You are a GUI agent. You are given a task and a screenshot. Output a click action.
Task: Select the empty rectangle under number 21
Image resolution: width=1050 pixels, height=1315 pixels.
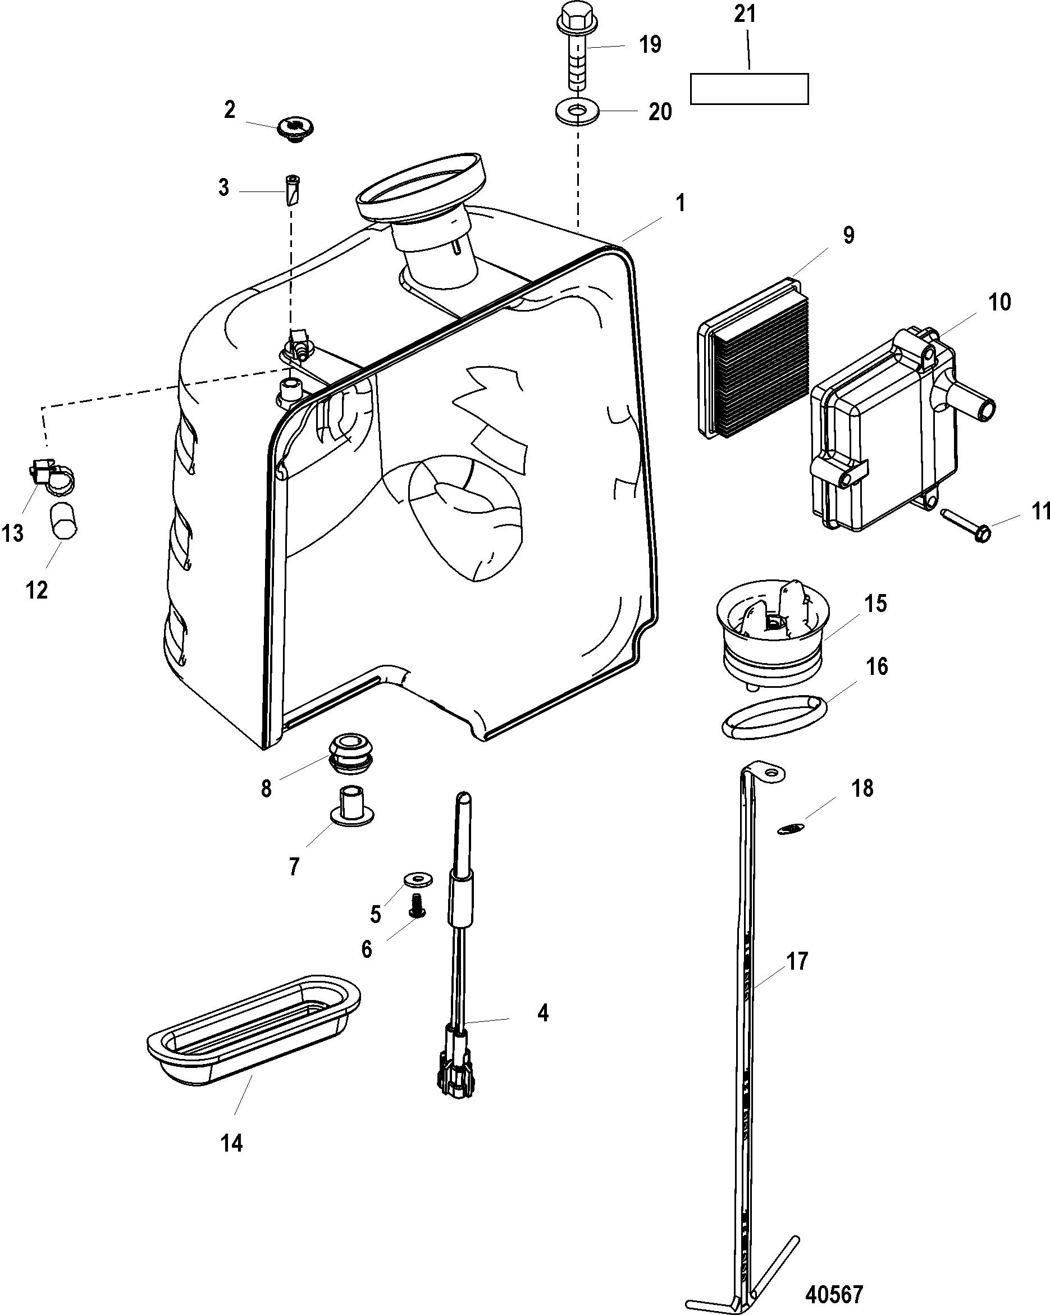click(x=749, y=89)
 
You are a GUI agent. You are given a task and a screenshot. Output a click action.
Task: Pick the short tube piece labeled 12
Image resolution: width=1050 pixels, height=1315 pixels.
click(x=63, y=520)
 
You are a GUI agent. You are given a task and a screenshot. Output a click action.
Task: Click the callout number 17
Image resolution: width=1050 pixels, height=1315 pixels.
click(x=797, y=961)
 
